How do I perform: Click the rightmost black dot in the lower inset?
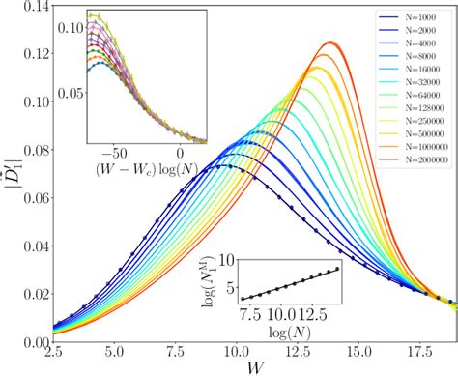click(337, 269)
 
